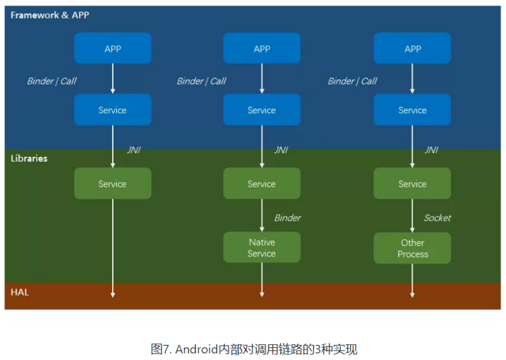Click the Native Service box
tap(262, 247)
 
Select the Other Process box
tap(412, 248)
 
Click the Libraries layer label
tap(29, 158)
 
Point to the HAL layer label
tap(20, 292)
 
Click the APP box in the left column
tap(113, 49)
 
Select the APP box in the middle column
tap(262, 49)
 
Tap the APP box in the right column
tap(412, 49)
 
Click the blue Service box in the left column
tap(113, 110)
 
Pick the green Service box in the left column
tap(113, 183)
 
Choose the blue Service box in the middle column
tap(262, 110)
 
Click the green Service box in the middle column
tap(262, 183)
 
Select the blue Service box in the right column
tap(412, 110)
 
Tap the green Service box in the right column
tap(412, 183)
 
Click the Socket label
tap(437, 218)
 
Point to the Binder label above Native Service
tap(287, 218)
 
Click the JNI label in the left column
tap(133, 150)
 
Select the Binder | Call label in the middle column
tap(201, 81)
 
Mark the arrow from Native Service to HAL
tap(262, 280)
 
